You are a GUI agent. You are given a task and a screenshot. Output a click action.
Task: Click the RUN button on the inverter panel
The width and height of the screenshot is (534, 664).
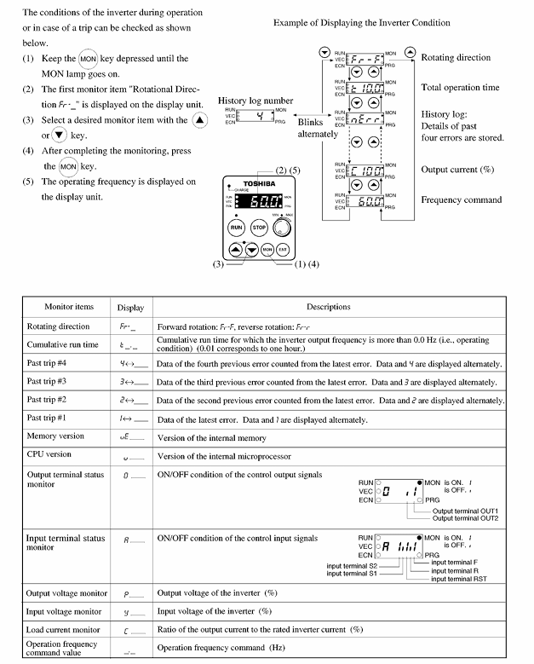(236, 228)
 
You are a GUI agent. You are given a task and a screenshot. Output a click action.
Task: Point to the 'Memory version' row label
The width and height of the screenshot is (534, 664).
(56, 436)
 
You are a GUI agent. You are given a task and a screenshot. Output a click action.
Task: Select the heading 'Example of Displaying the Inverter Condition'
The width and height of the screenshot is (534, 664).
(362, 22)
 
